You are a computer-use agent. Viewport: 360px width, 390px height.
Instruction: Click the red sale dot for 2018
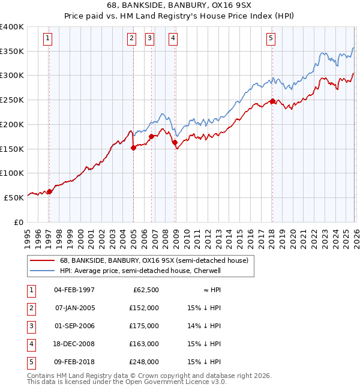[272, 101]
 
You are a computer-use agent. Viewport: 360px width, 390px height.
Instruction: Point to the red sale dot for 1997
[49, 191]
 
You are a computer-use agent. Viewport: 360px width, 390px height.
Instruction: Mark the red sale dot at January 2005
[133, 148]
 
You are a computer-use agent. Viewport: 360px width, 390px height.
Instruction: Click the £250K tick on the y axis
[12, 100]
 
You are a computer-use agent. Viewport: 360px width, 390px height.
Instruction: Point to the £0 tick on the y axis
[18, 222]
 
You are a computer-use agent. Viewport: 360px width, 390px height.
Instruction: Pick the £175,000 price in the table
[145, 326]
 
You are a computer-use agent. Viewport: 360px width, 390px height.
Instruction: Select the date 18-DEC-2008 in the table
[74, 344]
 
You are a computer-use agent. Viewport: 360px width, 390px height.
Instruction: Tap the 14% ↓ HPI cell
[205, 326]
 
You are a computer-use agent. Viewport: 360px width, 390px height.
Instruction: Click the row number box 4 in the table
[31, 344]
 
